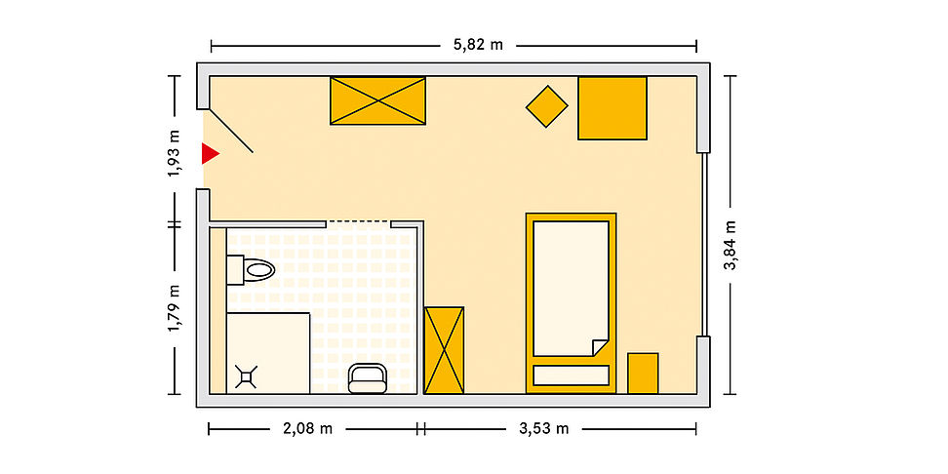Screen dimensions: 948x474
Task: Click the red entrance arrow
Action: pos(209,153)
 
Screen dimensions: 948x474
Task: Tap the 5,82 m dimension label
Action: pos(478,45)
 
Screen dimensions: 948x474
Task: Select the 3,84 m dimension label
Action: pos(731,245)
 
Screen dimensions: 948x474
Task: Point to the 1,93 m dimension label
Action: pos(175,153)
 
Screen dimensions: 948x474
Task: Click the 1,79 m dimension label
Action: pos(175,308)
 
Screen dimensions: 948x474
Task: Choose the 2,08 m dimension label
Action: pos(308,429)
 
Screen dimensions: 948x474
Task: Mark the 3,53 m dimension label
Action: pos(543,429)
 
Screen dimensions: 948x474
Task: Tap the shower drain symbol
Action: pos(246,377)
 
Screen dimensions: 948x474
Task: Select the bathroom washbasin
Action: pos(368,378)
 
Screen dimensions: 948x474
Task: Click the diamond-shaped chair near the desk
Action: pos(546,106)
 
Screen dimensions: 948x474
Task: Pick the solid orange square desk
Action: pos(612,108)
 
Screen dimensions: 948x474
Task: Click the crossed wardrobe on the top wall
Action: pos(377,101)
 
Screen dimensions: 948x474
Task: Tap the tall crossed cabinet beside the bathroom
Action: pos(444,351)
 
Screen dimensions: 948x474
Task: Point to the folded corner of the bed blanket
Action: pos(599,348)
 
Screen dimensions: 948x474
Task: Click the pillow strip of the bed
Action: pos(571,375)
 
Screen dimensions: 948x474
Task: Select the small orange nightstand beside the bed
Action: pos(643,373)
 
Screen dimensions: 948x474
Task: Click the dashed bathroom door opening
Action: pos(359,221)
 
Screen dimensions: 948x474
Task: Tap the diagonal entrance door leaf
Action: pos(230,131)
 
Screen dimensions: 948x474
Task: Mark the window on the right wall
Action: pos(704,244)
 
